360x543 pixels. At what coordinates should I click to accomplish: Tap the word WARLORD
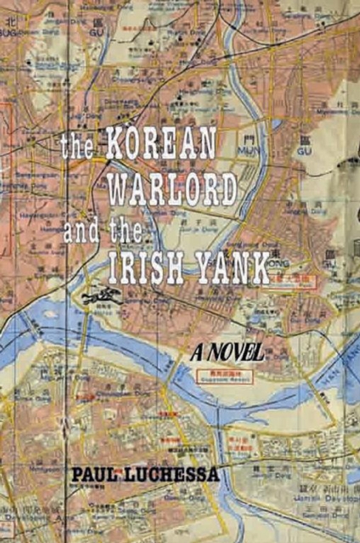pyautogui.click(x=178, y=188)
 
